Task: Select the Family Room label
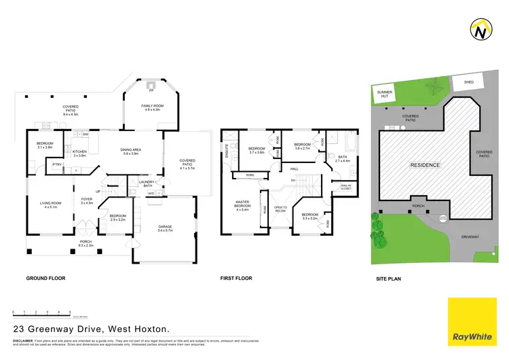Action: tap(151, 107)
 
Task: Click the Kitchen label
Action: tap(80, 153)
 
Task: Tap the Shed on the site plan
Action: tap(468, 82)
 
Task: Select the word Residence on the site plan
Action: tap(425, 165)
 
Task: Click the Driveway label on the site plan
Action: tap(470, 237)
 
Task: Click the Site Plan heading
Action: tap(390, 278)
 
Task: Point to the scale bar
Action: tap(41, 314)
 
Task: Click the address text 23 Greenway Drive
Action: tap(91, 329)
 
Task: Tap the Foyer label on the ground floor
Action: tap(87, 200)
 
